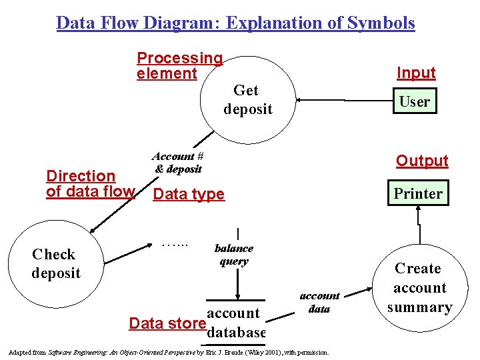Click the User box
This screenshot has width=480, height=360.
point(414,101)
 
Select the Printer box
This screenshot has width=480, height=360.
point(418,193)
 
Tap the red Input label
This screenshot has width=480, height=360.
point(416,73)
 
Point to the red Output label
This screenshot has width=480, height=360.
point(422,161)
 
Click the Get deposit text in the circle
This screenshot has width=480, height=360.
point(247,99)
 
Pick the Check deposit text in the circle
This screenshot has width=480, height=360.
point(55,263)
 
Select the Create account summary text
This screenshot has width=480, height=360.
point(419,287)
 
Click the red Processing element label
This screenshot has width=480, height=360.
point(179,66)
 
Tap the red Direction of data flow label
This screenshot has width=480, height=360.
point(90,184)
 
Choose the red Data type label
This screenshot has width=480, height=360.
point(189,194)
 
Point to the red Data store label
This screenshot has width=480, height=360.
point(167,323)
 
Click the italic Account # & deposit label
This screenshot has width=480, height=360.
point(177,163)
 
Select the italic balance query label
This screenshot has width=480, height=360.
point(233,255)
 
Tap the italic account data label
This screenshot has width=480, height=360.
point(319,302)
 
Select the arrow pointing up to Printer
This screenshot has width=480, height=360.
point(418,217)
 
